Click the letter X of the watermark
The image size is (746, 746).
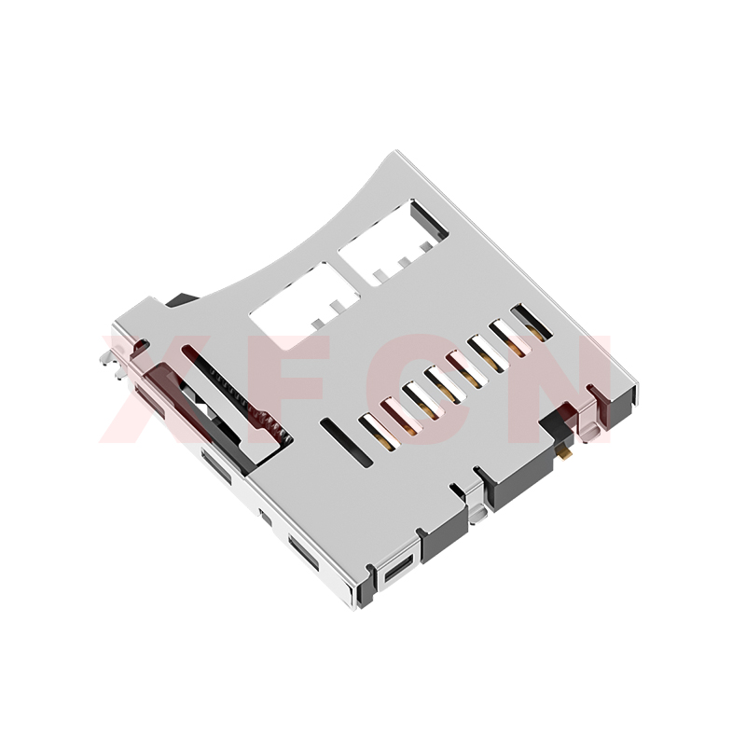[157, 389]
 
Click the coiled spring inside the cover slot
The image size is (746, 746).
[252, 400]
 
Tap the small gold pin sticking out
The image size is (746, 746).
[566, 455]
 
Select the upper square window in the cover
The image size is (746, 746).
[394, 242]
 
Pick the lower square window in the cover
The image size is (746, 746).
[305, 306]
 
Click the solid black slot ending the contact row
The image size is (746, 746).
[346, 442]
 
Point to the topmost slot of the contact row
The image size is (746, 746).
[532, 322]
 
